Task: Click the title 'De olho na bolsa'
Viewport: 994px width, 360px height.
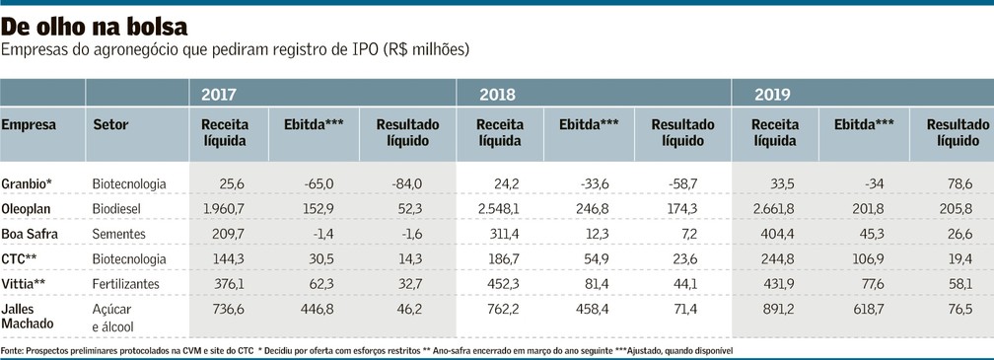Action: coord(95,27)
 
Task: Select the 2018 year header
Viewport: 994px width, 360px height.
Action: coord(497,95)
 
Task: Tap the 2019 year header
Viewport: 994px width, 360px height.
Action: coord(772,95)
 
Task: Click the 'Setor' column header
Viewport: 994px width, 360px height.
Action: coord(110,125)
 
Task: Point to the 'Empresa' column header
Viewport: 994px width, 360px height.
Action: coord(29,125)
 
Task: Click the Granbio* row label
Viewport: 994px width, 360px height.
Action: coord(27,183)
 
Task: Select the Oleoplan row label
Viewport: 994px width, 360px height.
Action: coord(26,208)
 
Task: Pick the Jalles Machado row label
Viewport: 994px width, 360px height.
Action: coord(28,317)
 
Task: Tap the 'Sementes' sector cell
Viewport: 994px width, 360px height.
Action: coord(118,234)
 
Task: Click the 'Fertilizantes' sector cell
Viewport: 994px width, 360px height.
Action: coord(125,283)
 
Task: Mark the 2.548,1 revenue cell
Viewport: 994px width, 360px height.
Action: coord(498,208)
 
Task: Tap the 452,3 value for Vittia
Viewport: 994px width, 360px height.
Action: coord(504,283)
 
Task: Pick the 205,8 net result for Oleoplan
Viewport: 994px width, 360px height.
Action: coord(956,208)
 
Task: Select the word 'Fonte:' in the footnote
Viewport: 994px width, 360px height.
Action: coord(12,350)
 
